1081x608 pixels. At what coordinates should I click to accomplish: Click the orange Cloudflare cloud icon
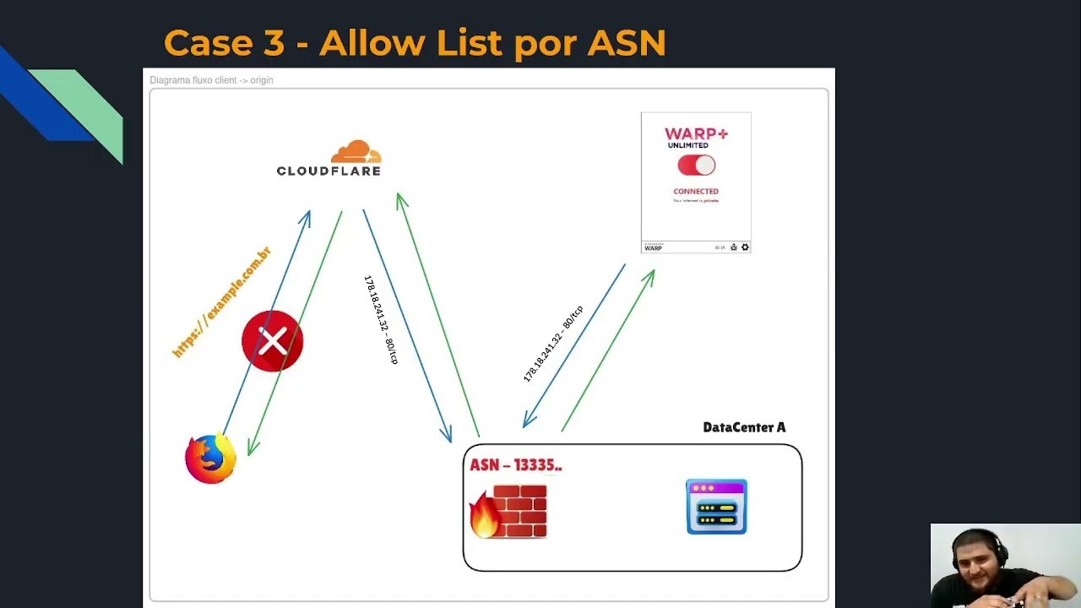tap(356, 152)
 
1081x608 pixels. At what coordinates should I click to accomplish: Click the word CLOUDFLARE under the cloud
tap(329, 171)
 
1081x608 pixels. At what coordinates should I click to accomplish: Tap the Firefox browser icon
tap(210, 459)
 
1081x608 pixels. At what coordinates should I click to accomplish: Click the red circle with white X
tap(272, 341)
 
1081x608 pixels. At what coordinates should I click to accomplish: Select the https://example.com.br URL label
tap(221, 301)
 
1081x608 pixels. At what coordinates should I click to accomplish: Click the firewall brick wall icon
tap(520, 511)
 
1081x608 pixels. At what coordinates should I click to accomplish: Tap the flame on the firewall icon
tap(484, 516)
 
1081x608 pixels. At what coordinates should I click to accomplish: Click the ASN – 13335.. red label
tap(515, 465)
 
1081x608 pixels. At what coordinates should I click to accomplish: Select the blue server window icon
tap(716, 507)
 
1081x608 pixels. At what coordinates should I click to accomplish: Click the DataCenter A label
tap(744, 427)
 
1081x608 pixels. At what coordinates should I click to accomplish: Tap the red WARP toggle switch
tap(696, 166)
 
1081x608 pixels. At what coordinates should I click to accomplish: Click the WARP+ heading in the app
tap(695, 133)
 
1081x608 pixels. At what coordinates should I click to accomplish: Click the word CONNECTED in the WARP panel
tap(696, 192)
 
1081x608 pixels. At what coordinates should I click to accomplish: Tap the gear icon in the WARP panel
tap(745, 247)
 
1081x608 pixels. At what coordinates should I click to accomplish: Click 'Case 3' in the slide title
tap(224, 43)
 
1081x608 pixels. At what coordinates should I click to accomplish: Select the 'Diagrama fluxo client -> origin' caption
tap(211, 80)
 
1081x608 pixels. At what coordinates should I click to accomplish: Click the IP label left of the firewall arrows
tap(380, 319)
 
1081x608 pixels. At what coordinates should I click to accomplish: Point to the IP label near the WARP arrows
tap(553, 344)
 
